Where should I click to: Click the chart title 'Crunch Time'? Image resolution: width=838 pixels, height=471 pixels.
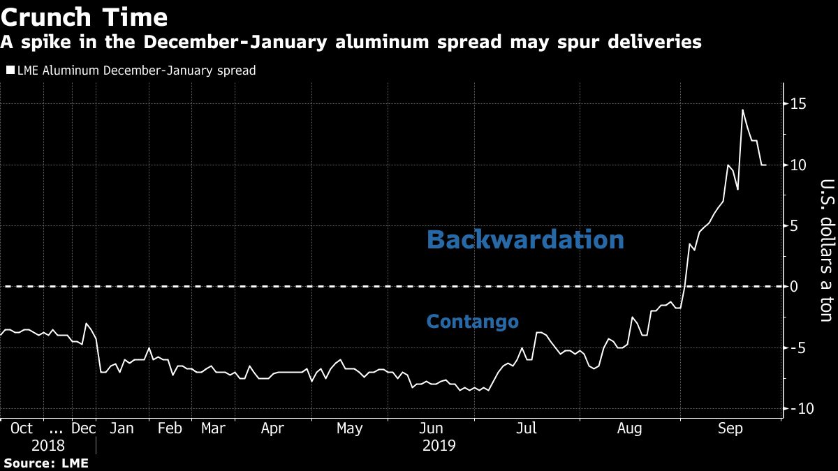coord(84,17)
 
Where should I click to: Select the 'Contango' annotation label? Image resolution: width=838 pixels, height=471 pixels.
coord(473,321)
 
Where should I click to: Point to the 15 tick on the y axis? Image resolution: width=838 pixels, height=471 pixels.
coord(797,104)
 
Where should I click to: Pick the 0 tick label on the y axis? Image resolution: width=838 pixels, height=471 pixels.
coord(794,287)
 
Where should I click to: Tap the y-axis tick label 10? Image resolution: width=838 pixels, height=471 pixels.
coord(797,165)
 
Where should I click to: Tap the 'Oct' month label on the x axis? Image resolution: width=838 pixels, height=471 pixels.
coord(23,428)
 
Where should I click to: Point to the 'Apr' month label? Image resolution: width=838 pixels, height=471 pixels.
coord(272,428)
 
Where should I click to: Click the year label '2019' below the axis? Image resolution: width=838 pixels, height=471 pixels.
coord(439,445)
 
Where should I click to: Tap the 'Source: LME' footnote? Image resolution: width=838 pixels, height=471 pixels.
coord(46,463)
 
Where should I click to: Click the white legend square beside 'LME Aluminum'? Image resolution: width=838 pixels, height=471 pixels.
coord(10,70)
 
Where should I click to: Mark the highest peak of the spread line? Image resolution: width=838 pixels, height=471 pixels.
coord(742,110)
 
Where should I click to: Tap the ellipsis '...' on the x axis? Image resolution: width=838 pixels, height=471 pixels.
coord(57,428)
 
